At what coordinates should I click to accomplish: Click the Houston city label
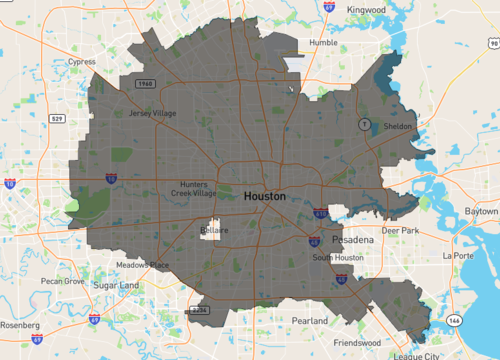pyautogui.click(x=264, y=197)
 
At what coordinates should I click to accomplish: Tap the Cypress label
pyautogui.click(x=81, y=61)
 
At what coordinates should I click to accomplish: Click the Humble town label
pyautogui.click(x=323, y=43)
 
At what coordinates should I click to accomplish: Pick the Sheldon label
pyautogui.click(x=397, y=127)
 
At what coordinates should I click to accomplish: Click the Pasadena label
pyautogui.click(x=353, y=242)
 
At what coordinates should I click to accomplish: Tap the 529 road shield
pyautogui.click(x=57, y=120)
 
